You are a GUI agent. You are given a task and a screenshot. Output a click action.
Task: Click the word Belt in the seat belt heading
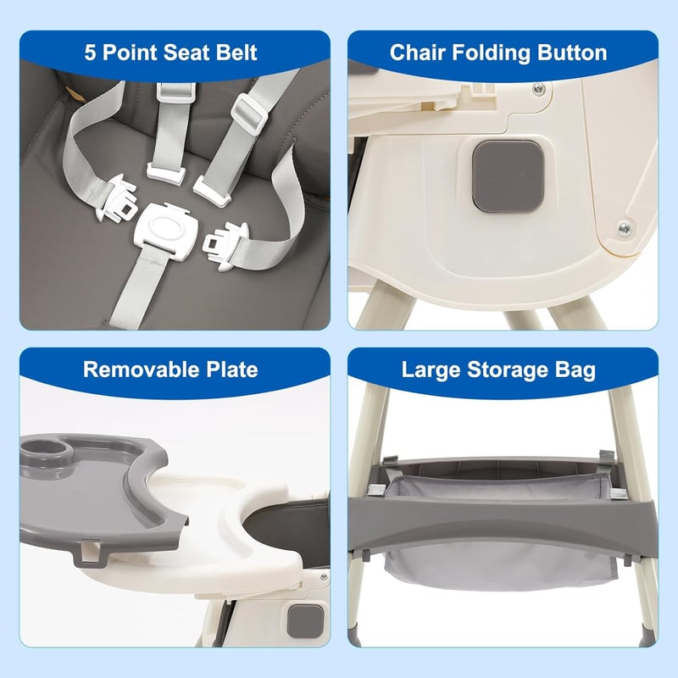(x=236, y=53)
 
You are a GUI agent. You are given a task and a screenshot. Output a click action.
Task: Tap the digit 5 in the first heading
(x=90, y=53)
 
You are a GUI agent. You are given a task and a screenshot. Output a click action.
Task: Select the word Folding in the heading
(x=492, y=53)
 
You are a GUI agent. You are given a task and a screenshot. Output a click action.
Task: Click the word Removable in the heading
(x=141, y=370)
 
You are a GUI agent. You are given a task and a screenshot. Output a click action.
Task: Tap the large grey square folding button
(x=508, y=176)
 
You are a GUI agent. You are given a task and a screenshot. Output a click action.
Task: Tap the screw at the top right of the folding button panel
(x=538, y=89)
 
